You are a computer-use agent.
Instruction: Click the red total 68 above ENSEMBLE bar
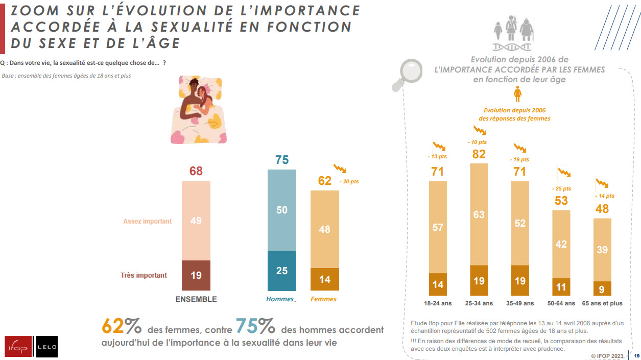click(196, 171)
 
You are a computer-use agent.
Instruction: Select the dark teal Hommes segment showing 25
click(281, 271)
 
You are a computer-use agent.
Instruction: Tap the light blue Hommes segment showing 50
click(281, 210)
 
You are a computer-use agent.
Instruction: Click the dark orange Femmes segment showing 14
click(325, 279)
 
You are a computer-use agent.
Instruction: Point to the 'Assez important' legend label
click(147, 222)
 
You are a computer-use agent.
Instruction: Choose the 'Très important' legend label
click(144, 275)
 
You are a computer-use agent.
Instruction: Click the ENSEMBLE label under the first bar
click(196, 299)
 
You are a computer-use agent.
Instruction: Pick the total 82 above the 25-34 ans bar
click(479, 154)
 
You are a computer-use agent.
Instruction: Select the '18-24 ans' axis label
click(437, 303)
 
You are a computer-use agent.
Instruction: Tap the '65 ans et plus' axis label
click(602, 303)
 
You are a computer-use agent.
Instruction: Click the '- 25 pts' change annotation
click(561, 188)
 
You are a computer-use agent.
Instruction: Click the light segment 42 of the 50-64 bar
click(561, 244)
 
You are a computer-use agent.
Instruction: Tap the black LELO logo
click(46, 347)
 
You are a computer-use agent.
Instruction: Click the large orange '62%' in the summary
click(122, 326)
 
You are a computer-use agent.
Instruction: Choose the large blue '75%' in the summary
click(255, 326)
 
